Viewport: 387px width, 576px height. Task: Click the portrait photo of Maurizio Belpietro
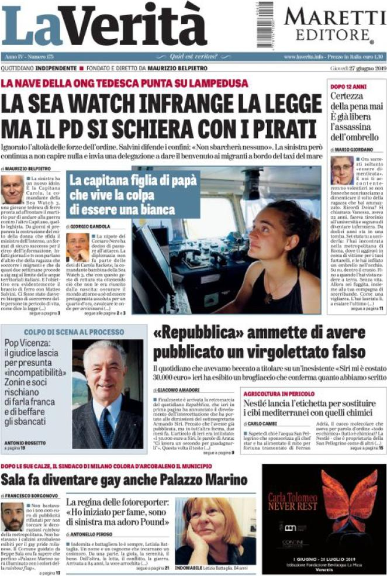point(12,189)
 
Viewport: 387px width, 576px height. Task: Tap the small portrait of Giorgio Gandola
point(77,247)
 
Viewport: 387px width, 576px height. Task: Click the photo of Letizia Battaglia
point(213,530)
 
